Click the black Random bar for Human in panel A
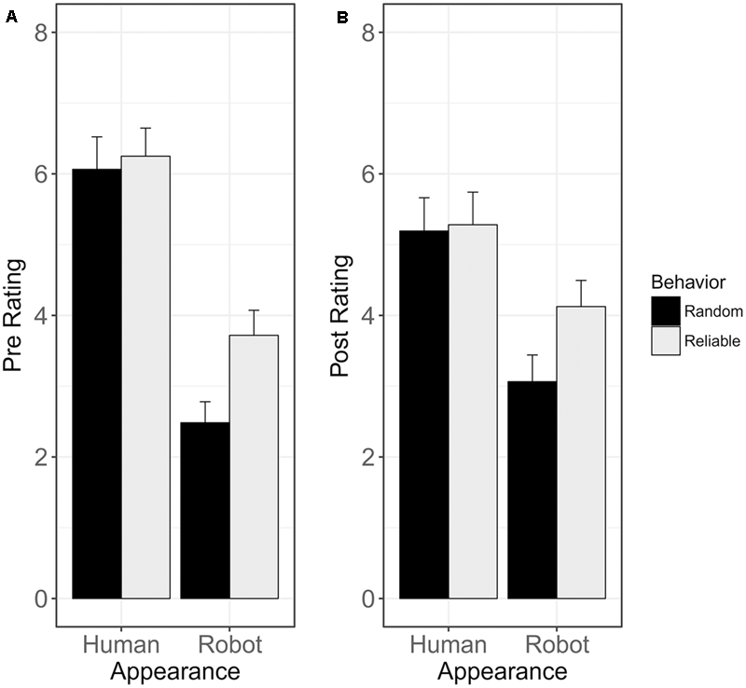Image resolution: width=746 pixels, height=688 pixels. point(96,382)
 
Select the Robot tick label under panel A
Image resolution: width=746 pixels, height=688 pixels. point(230,645)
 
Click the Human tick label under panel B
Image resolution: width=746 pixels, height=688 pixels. point(449,645)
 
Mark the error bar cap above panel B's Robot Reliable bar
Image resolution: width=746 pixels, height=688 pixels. point(582,280)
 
